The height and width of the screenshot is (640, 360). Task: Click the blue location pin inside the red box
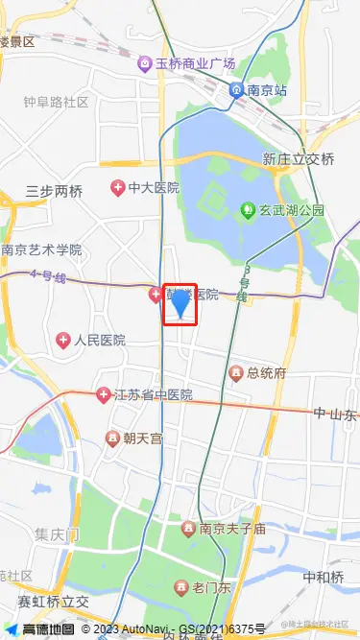[x=180, y=303]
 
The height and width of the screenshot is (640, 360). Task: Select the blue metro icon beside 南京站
[x=236, y=90]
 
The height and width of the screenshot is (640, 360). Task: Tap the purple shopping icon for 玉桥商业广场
[x=144, y=63]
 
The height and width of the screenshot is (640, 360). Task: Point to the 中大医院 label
[x=154, y=187]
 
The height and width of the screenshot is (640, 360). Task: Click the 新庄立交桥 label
[x=299, y=159]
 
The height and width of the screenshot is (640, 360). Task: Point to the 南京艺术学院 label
[x=41, y=250]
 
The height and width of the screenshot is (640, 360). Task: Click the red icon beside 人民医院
[x=63, y=340]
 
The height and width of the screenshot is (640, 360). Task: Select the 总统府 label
[x=267, y=372]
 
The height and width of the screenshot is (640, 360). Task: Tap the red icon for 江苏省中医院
[x=104, y=394]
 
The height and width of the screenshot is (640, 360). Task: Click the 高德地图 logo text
[x=48, y=629]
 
